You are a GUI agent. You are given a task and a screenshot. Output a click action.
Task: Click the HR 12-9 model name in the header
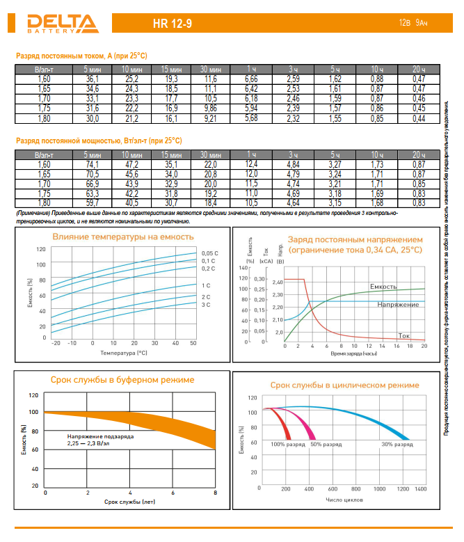pos(173,24)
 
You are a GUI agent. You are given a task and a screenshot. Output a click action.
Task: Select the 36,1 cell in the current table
pos(92,80)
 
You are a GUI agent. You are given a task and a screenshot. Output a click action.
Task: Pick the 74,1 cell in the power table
pos(92,164)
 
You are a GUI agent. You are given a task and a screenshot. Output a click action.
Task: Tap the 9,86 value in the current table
pos(210,109)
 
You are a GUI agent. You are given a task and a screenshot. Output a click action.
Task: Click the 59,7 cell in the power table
pos(92,202)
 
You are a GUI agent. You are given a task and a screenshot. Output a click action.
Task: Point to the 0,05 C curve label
pos(209,253)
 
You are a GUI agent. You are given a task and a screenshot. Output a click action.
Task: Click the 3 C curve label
pos(206,305)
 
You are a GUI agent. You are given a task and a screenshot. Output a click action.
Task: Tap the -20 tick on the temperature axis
pos(56,343)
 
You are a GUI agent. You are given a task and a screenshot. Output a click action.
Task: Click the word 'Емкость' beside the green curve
pos(383,287)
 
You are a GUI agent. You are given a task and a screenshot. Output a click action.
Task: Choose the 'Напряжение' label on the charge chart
pos(398,305)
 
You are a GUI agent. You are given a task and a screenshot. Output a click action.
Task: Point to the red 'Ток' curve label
pos(403,335)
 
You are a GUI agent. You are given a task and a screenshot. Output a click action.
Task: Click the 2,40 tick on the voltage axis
pos(278,282)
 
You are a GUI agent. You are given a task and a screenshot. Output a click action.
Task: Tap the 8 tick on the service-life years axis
pos(215,492)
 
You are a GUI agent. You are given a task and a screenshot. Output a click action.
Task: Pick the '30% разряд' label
pos(397,443)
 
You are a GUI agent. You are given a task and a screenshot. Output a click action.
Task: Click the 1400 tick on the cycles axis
pos(421,490)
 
